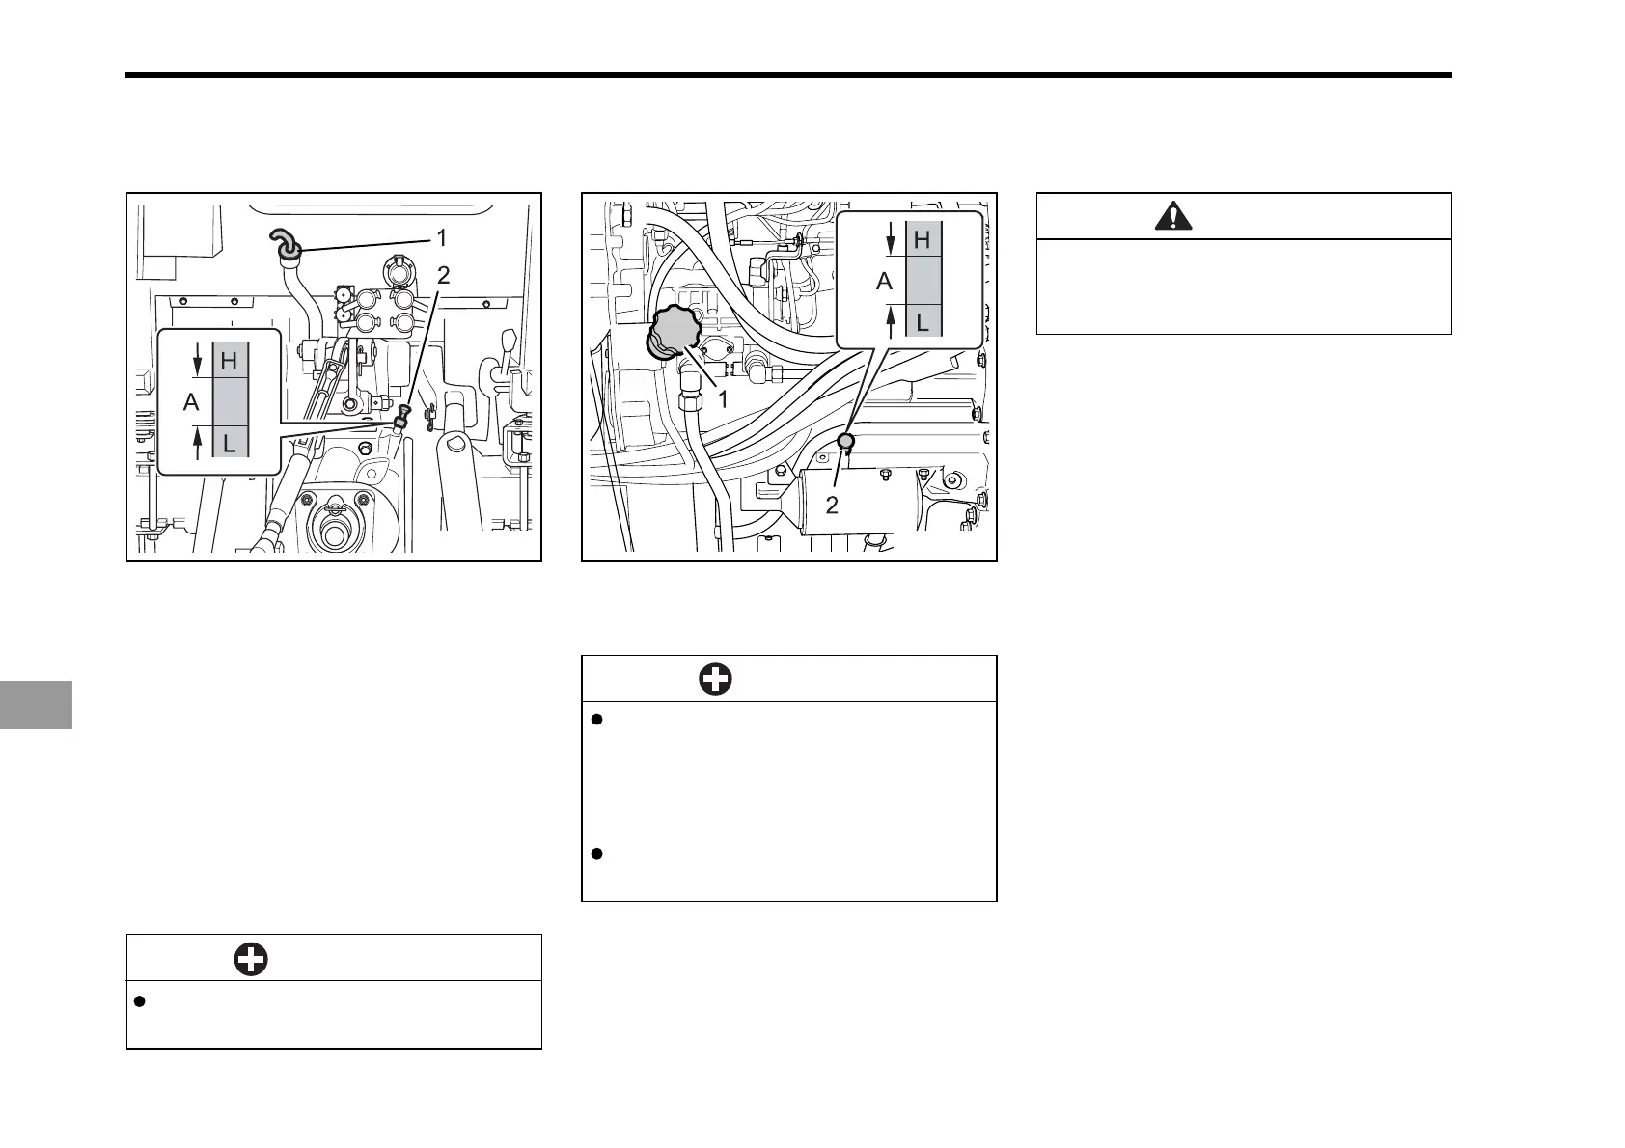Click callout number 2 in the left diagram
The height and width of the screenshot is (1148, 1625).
(x=443, y=276)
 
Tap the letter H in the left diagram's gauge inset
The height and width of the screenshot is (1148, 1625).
(x=230, y=361)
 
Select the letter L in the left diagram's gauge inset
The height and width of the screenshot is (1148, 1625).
(x=230, y=445)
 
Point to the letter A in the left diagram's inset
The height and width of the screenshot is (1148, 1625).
(x=191, y=402)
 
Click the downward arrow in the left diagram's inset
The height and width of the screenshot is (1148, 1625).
(x=198, y=361)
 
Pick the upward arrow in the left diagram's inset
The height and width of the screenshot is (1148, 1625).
(x=198, y=444)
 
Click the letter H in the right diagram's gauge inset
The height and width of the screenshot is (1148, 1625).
(x=922, y=239)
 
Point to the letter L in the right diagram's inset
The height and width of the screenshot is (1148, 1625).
(x=922, y=322)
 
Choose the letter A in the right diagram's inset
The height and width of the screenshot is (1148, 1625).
(x=884, y=281)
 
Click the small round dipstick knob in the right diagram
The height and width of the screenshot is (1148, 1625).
(x=845, y=442)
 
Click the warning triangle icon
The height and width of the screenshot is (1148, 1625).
(x=1172, y=217)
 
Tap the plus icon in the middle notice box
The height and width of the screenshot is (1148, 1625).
(x=715, y=679)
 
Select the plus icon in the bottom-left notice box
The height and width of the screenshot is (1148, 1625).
(x=251, y=959)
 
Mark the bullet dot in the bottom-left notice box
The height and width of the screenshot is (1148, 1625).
(x=139, y=1002)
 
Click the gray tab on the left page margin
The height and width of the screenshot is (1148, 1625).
(x=36, y=704)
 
